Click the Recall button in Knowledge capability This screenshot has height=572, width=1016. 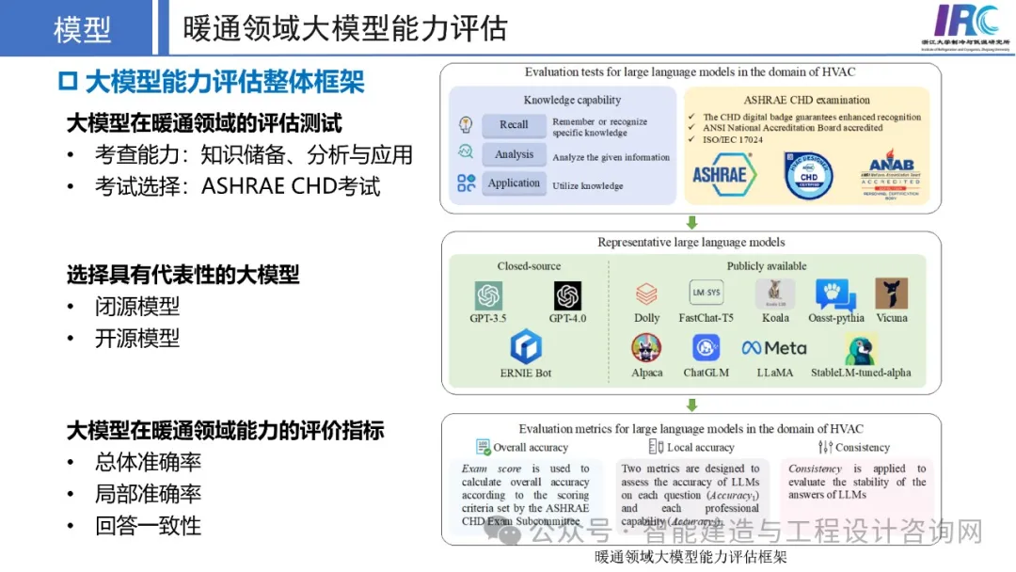tap(514, 125)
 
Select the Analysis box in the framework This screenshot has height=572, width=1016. tap(514, 154)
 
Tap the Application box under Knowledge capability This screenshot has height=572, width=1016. tap(514, 183)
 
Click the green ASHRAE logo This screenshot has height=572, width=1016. tap(720, 174)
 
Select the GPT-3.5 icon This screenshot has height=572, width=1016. tap(488, 295)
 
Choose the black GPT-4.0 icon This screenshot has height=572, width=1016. tap(567, 295)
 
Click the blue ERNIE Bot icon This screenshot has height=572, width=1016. tap(525, 347)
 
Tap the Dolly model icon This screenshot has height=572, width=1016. tap(646, 294)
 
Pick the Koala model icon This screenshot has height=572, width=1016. tap(775, 294)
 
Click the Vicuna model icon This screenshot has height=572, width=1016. tap(891, 294)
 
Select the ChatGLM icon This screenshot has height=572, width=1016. tap(706, 348)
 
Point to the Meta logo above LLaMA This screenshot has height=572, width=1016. tap(774, 348)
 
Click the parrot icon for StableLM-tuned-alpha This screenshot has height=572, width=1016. tap(861, 349)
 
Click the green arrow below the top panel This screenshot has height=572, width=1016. tap(691, 223)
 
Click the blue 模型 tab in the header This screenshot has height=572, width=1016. tap(83, 28)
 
